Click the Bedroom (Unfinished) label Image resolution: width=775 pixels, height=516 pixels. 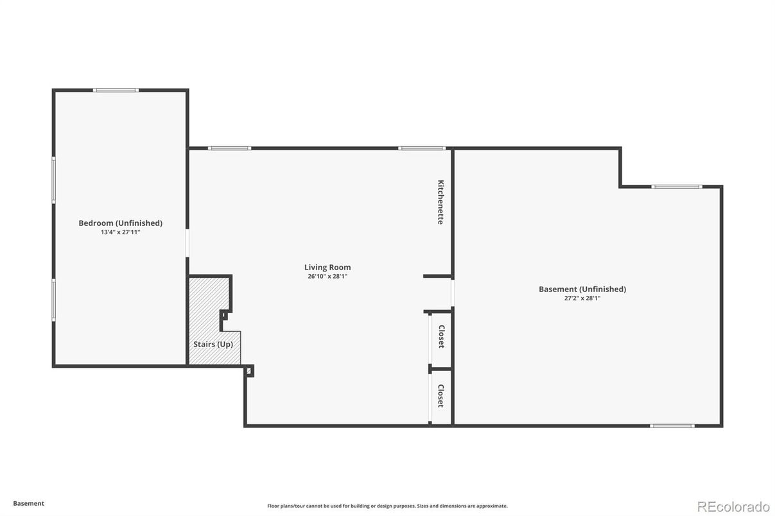click(x=120, y=223)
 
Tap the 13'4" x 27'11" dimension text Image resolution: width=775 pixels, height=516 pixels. click(x=120, y=232)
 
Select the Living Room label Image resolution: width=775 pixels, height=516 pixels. click(x=327, y=267)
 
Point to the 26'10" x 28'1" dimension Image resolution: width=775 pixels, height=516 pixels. click(x=327, y=277)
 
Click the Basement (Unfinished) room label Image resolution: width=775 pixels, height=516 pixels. click(x=582, y=289)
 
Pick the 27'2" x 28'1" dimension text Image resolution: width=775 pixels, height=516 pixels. click(x=582, y=298)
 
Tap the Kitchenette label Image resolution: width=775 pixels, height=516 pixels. click(x=440, y=202)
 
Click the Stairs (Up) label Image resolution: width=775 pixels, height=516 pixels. click(x=213, y=344)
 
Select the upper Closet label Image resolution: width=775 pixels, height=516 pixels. click(x=441, y=336)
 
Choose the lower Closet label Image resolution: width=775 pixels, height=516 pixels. click(x=440, y=395)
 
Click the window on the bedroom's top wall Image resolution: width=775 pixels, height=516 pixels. click(x=116, y=90)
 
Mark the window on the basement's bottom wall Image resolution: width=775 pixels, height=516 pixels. click(x=672, y=426)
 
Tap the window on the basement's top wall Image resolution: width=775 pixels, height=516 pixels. click(x=677, y=187)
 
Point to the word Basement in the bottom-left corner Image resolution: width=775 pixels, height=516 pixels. click(x=29, y=503)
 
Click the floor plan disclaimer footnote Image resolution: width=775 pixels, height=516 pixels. click(x=387, y=506)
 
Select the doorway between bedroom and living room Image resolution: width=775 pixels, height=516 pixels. click(x=187, y=243)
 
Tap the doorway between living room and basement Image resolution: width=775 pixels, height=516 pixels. click(x=453, y=293)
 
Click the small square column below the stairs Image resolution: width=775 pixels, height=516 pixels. click(x=249, y=371)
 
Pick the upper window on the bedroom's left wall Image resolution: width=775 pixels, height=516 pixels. click(x=54, y=180)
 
